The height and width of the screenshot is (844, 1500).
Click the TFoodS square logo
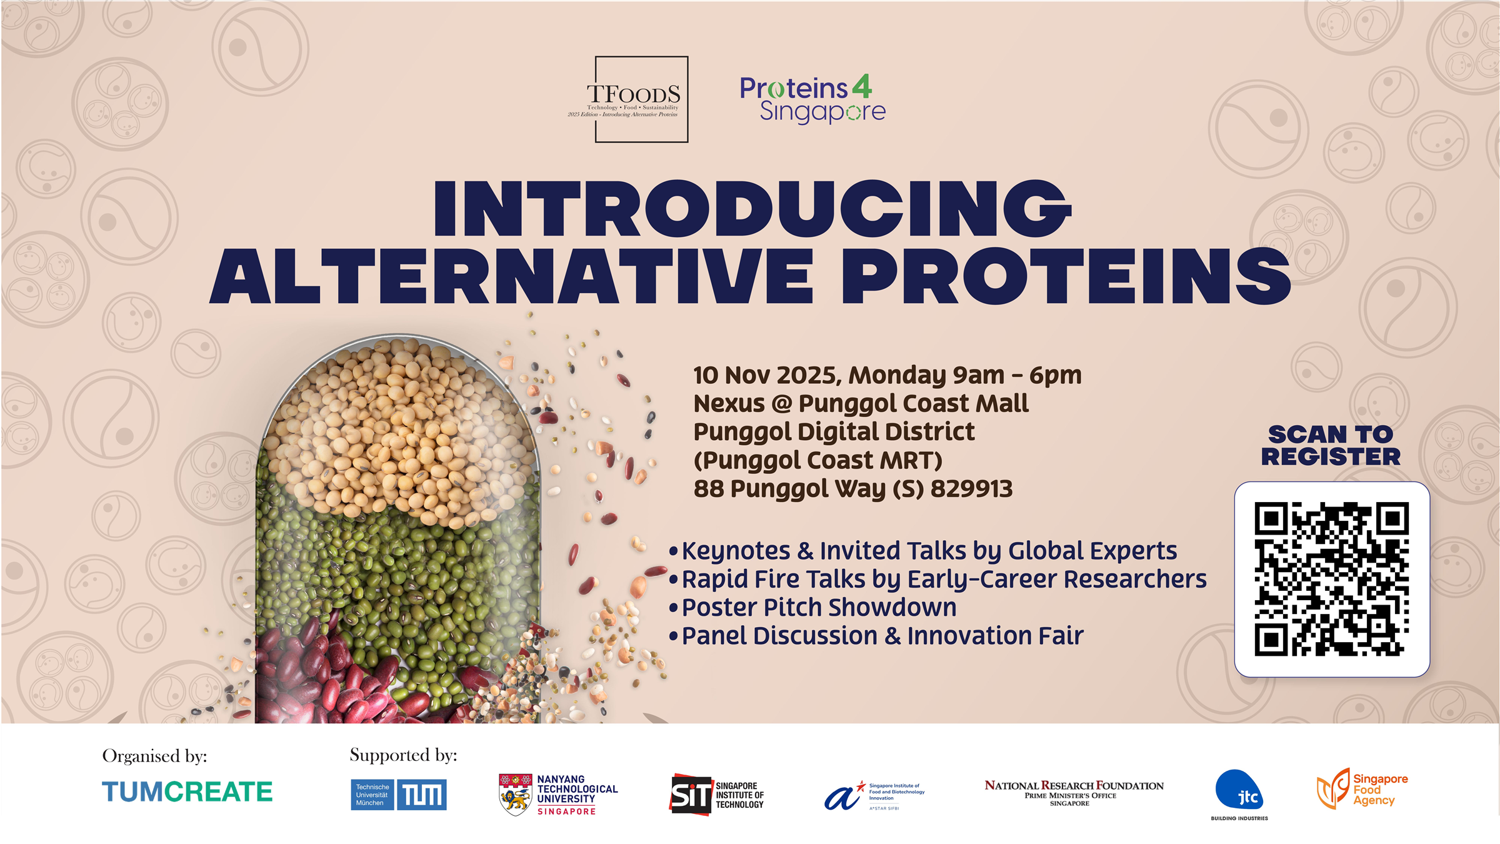pyautogui.click(x=641, y=99)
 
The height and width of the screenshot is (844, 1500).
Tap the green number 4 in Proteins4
pyautogui.click(x=862, y=87)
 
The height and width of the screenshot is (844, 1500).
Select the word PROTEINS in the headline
pyautogui.click(x=1066, y=276)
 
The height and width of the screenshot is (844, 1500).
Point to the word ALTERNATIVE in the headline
pyautogui.click(x=511, y=276)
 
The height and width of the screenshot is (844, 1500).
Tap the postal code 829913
pyautogui.click(x=971, y=489)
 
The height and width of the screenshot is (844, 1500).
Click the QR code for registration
pyautogui.click(x=1331, y=579)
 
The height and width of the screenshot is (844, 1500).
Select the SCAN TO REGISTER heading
pyautogui.click(x=1331, y=445)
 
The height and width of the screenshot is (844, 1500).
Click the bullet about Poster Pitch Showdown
pyautogui.click(x=819, y=608)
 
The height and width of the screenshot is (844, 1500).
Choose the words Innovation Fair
pyautogui.click(x=995, y=636)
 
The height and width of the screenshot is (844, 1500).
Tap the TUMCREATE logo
pyautogui.click(x=187, y=792)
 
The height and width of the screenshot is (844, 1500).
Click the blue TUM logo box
pyautogui.click(x=422, y=795)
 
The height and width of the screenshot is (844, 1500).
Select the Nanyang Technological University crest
pyautogui.click(x=516, y=795)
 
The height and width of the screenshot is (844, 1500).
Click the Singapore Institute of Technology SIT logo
pyautogui.click(x=691, y=795)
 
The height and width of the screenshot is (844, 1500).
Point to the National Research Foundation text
pyautogui.click(x=1074, y=786)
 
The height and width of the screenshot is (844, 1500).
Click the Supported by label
pyautogui.click(x=403, y=755)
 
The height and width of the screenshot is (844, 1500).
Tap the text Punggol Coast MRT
pyautogui.click(x=817, y=461)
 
